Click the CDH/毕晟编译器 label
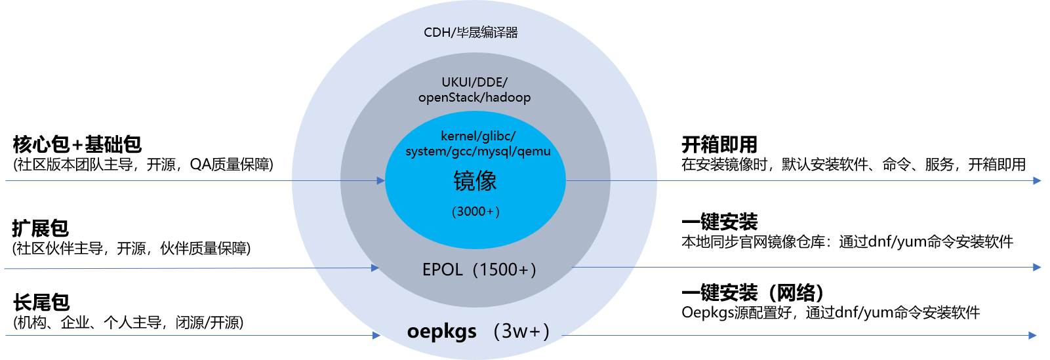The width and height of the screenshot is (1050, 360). [471, 32]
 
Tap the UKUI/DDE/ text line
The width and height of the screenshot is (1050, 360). [474, 82]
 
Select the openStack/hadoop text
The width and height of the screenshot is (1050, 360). [474, 98]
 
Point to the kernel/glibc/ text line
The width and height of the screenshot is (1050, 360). [478, 136]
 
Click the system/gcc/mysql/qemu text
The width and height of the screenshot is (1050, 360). [478, 151]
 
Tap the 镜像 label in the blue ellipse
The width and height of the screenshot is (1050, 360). [475, 181]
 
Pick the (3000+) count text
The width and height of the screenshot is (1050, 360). [476, 211]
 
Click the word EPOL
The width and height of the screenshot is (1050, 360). [442, 270]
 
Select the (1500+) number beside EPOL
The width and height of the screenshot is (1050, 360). [504, 270]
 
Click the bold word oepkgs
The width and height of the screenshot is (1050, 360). [442, 331]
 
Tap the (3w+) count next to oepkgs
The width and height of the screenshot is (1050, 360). [521, 331]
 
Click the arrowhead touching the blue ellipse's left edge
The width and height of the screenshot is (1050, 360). [381, 180]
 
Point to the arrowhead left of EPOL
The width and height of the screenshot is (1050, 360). [375, 268]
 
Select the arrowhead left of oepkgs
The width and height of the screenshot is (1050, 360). [376, 335]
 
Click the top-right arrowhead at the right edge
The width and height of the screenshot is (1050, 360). [1037, 180]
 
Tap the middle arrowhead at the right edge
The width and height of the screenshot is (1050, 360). [1037, 267]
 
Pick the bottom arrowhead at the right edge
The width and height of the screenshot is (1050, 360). [1033, 335]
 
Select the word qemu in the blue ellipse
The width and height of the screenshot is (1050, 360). [534, 151]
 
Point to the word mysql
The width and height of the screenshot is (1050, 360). [496, 151]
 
